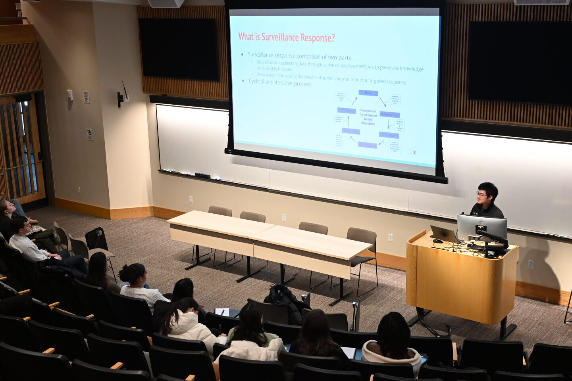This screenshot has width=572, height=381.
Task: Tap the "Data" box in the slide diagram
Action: [368, 93]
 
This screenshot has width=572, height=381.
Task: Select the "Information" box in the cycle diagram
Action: [389, 115]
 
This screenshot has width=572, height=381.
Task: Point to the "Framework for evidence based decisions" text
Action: [368, 117]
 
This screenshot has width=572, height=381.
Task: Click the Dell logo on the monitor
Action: [481, 222]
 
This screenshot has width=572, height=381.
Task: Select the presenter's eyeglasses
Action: [481, 194]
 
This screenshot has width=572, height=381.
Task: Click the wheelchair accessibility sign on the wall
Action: [90, 135]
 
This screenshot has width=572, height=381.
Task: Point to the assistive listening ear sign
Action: [86, 97]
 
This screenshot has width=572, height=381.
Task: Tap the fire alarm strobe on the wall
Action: [69, 95]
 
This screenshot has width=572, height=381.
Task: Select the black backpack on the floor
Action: [96, 239]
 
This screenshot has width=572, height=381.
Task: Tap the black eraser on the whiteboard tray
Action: [202, 175]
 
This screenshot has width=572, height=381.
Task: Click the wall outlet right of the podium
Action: [530, 264]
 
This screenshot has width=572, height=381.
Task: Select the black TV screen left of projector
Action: [179, 49]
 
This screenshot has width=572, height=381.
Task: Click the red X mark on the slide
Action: [414, 152]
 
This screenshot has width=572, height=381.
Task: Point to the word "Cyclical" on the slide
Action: [256, 81]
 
